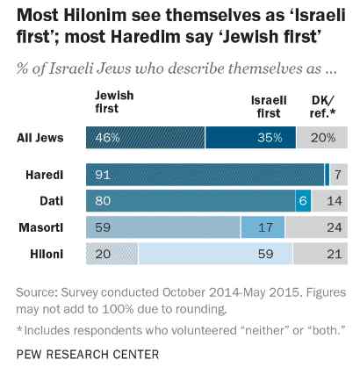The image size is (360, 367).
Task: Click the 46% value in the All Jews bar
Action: [107, 138]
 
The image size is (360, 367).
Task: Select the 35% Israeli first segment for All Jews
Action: [250, 138]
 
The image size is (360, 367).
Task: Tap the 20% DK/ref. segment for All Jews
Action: [322, 138]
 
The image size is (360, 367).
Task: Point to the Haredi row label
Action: [45, 175]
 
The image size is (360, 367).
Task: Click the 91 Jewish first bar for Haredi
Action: [205, 175]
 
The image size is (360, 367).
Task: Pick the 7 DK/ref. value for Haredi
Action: [338, 175]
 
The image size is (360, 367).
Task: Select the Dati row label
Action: [52, 201]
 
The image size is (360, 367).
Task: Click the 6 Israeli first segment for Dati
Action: [303, 201]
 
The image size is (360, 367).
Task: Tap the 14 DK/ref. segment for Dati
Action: [330, 201]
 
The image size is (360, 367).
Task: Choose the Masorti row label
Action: [41, 227]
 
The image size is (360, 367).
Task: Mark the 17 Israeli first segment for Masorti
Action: [263, 227]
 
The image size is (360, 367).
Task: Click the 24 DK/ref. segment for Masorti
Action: [317, 227]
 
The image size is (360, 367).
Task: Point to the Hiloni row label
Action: [47, 254]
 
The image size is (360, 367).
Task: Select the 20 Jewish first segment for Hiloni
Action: [112, 254]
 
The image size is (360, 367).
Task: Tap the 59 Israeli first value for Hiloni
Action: [266, 254]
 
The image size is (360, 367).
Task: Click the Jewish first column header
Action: [114, 102]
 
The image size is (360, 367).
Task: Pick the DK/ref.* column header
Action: [323, 106]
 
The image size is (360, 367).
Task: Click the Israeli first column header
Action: [269, 106]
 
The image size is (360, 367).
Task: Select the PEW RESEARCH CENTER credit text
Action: [88, 354]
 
